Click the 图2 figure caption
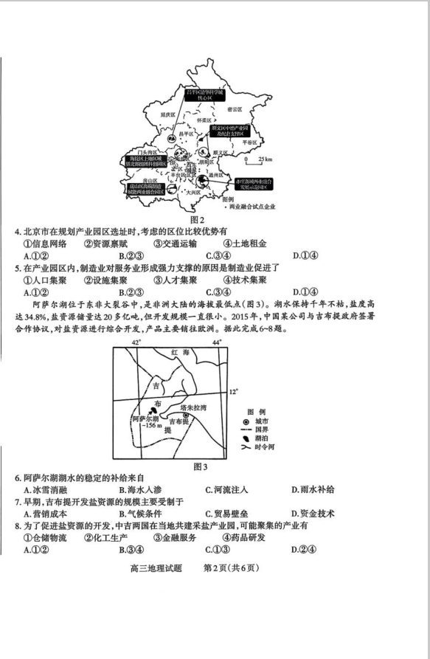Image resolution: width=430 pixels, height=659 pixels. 197,219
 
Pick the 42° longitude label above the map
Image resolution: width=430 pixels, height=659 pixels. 135,342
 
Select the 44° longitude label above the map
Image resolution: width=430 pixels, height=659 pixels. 216,342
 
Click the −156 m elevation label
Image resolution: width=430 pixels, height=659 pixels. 148,426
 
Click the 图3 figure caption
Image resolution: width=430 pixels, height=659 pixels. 200,466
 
